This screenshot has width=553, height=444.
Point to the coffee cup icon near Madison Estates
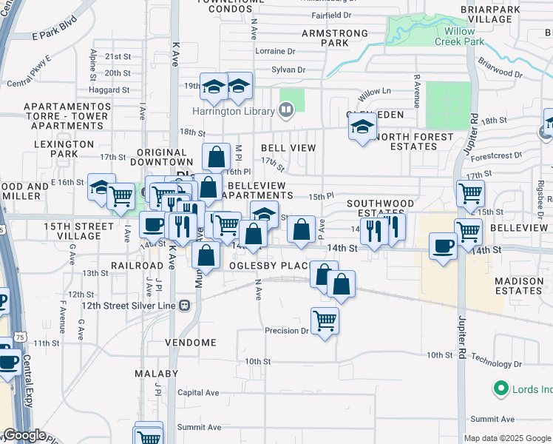pyautogui.click(x=444, y=246)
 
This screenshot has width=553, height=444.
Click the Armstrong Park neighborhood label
pyautogui.click(x=336, y=38)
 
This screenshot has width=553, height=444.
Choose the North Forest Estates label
pyautogui.click(x=414, y=141)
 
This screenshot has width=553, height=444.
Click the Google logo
pyautogui.click(x=24, y=435)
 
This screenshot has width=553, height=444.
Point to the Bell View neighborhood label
pyautogui.click(x=288, y=148)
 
